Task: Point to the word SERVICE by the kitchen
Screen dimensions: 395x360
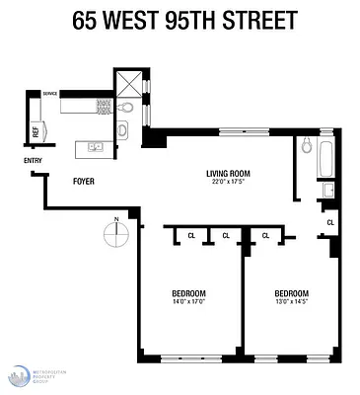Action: pyautogui.click(x=48, y=94)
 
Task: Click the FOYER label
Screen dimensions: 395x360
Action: pyautogui.click(x=84, y=181)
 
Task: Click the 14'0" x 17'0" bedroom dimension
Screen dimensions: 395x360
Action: pyautogui.click(x=189, y=302)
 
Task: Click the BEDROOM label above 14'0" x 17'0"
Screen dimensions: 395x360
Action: pyautogui.click(x=189, y=293)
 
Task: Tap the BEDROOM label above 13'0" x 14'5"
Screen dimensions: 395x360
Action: pyautogui.click(x=292, y=293)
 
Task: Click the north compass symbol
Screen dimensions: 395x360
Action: pyautogui.click(x=116, y=233)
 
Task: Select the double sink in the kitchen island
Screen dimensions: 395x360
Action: pyautogui.click(x=96, y=147)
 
